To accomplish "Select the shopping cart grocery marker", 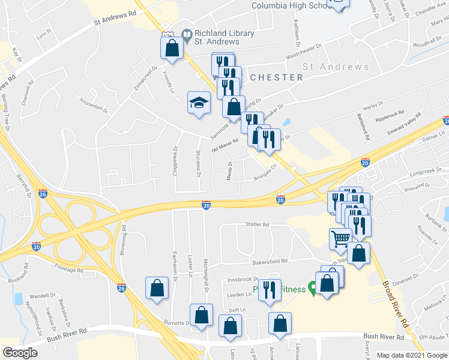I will coord(340,239).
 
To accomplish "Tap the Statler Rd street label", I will coord(258,224).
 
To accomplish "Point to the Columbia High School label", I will coord(291,5).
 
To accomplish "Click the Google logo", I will coord(20,352).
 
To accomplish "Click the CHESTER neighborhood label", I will coord(276,77).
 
